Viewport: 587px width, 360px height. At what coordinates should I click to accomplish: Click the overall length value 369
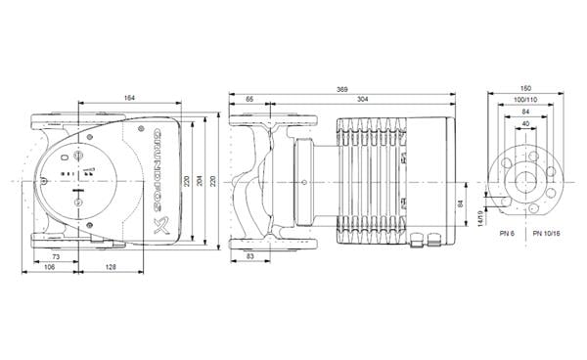pos(341,89)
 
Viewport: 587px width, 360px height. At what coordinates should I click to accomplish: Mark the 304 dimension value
pos(363,100)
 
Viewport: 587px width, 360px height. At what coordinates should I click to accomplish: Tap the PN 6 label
pos(505,234)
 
